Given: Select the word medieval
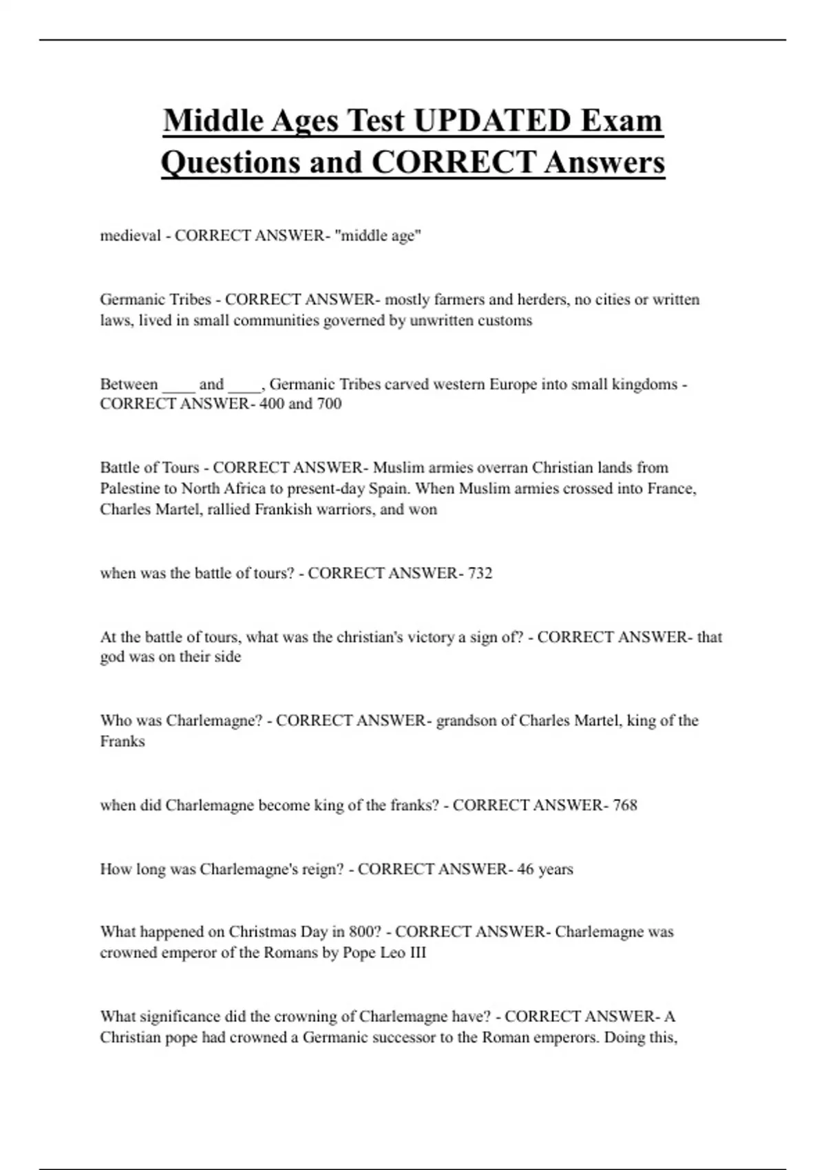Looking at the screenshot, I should (130, 235).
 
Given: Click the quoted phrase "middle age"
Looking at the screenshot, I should (378, 235).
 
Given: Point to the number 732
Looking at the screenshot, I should (480, 573).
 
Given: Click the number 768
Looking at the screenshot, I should (624, 805).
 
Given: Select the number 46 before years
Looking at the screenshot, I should (525, 869).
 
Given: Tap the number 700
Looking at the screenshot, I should (329, 403).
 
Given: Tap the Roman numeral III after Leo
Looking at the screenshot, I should (418, 953).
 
